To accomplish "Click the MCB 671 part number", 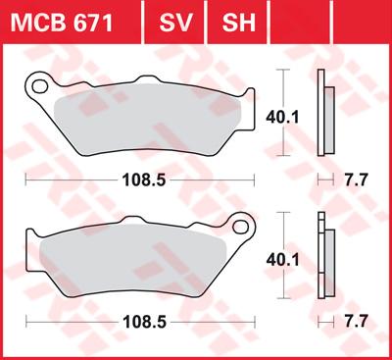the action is click(62, 23).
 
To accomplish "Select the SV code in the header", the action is click(175, 23).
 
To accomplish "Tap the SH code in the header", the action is click(238, 23).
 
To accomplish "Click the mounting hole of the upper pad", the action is click(39, 86).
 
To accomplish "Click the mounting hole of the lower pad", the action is click(241, 227).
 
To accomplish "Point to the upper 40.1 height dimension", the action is click(282, 118).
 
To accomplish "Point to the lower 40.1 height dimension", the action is click(282, 260).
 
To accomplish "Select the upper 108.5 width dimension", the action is click(144, 180).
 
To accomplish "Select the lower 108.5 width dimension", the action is click(144, 323).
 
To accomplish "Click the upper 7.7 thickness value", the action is click(357, 180).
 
